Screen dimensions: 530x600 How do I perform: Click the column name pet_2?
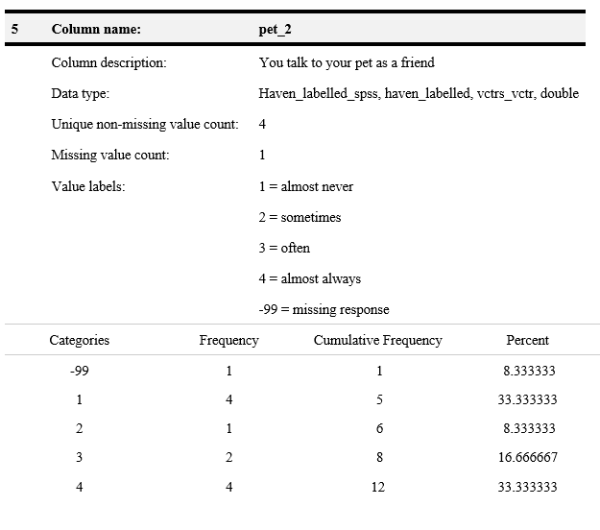point(276,29)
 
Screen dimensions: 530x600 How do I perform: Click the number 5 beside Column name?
point(14,29)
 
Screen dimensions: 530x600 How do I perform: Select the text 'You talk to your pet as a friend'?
point(347,62)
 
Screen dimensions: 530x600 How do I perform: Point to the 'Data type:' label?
point(80,93)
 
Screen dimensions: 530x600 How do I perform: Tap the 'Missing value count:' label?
point(109,155)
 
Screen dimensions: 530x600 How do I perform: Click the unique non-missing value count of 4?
point(262,124)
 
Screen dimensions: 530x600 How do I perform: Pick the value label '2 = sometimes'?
point(300,217)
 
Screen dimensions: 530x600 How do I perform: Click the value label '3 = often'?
point(284,248)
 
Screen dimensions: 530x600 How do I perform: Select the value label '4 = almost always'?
point(310,278)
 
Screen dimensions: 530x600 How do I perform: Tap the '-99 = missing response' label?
point(324,309)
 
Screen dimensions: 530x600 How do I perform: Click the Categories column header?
point(79,340)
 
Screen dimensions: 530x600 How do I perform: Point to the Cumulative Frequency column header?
point(377,340)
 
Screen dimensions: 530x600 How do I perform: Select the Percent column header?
point(527,340)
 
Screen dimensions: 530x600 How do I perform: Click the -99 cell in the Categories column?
point(79,370)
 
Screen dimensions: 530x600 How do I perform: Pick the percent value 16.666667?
point(527,458)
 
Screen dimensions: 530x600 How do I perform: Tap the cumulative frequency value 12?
point(378,487)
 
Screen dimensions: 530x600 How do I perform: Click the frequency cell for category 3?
point(228,458)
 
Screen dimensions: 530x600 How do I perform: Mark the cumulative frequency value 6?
point(378,428)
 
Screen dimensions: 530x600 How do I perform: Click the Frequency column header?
point(228,340)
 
